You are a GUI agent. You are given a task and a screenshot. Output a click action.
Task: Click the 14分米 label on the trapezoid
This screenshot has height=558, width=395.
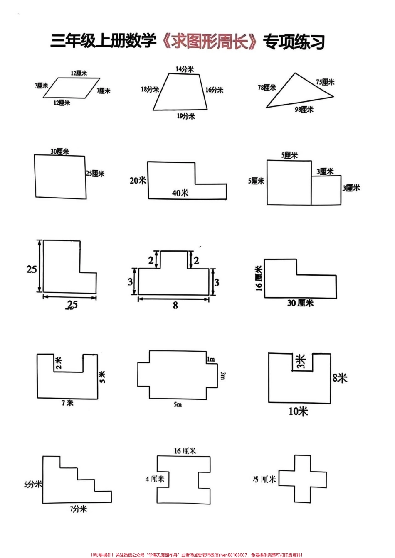point(184,69)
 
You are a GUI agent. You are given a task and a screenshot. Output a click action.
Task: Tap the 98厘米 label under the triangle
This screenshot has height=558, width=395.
point(304,110)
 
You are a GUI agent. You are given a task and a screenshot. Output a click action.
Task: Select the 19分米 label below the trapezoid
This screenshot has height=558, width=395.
point(185,116)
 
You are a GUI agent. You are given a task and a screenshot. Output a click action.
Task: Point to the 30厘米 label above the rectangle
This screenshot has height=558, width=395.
point(60,152)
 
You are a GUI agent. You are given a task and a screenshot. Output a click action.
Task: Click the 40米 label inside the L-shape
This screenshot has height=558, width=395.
point(180,193)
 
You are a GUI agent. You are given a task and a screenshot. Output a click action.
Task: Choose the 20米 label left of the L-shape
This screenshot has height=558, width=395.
point(138,181)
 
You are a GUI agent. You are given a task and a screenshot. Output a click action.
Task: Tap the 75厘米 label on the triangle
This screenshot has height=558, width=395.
point(325,82)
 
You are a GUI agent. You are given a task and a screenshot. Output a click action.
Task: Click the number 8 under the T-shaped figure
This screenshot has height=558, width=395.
point(175,305)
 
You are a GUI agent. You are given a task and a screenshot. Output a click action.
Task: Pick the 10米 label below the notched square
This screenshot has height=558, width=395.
point(298,411)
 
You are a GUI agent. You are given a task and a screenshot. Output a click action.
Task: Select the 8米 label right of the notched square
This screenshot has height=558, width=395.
point(339,378)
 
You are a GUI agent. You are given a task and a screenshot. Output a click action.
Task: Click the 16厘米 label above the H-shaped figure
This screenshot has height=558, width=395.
point(185,450)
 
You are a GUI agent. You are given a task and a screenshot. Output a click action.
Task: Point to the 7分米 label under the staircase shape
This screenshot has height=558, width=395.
point(78,509)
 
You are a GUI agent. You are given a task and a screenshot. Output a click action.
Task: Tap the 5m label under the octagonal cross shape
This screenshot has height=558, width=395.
point(178,404)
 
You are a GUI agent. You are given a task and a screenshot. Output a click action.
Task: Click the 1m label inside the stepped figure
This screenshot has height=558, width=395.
point(210,359)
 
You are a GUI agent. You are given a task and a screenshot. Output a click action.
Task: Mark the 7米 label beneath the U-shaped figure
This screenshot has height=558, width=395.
point(67,403)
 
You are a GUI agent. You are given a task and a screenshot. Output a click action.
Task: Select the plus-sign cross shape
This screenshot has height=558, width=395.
point(303,479)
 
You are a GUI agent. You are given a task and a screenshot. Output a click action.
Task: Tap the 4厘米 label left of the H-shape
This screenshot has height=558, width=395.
point(155,479)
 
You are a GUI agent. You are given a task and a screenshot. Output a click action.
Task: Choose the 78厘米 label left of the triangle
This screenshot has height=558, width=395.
point(267,88)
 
